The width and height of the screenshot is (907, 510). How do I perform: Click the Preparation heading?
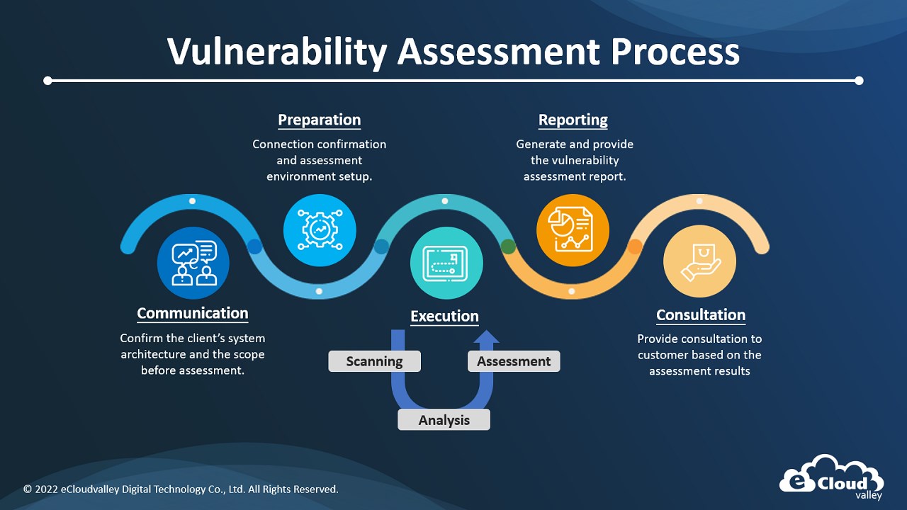coord(319,120)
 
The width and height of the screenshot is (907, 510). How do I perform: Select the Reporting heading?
coord(573,120)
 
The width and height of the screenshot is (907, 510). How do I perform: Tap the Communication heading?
coord(193,313)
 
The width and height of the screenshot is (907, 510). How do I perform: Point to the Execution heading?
coord(444,316)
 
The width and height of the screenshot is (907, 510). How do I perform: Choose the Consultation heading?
coord(701,315)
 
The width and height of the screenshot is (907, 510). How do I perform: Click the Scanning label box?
coord(375,361)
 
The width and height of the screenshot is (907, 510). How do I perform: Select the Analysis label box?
coord(444,420)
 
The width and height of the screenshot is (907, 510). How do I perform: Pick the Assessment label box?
coord(514,361)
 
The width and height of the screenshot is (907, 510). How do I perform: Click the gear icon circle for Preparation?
coord(320,230)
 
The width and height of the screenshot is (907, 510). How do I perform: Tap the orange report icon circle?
coord(573,230)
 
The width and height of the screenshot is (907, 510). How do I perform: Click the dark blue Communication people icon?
coord(193,263)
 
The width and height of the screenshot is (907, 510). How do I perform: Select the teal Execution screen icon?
coord(446,263)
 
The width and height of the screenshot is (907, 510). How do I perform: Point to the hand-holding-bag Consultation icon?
coord(699,261)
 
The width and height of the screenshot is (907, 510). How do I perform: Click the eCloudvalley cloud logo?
coord(832,477)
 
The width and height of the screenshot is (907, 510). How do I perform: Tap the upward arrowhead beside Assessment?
coord(486,336)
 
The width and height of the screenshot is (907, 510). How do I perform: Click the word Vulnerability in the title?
coord(277,52)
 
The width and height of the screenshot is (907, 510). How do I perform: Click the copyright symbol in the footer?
coord(28,489)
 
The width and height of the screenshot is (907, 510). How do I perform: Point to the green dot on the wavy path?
coord(508,246)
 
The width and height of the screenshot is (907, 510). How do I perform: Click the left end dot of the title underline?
coord(47,81)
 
